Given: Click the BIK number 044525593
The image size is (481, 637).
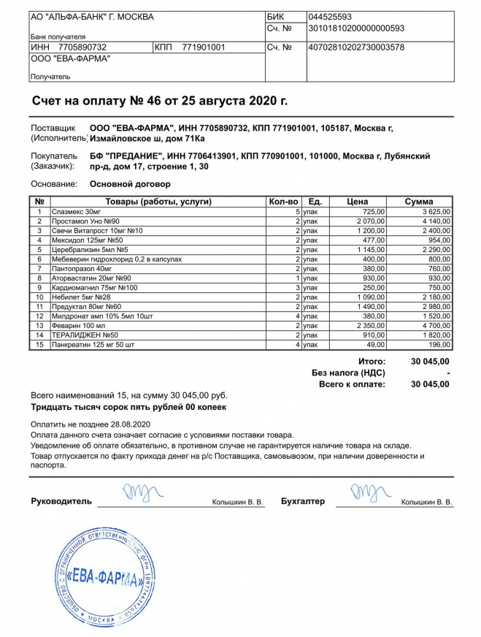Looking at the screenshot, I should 330,17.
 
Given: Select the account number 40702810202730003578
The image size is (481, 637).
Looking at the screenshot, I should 355,47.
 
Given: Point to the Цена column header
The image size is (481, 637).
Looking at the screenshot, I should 357,202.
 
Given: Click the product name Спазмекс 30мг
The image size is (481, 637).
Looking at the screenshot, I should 77,212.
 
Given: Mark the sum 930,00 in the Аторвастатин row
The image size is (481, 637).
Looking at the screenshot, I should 439,278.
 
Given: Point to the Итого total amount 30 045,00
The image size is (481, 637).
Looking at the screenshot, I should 431,362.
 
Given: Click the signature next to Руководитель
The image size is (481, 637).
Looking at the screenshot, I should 136,494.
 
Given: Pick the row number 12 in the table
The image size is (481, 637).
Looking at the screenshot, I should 40,316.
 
